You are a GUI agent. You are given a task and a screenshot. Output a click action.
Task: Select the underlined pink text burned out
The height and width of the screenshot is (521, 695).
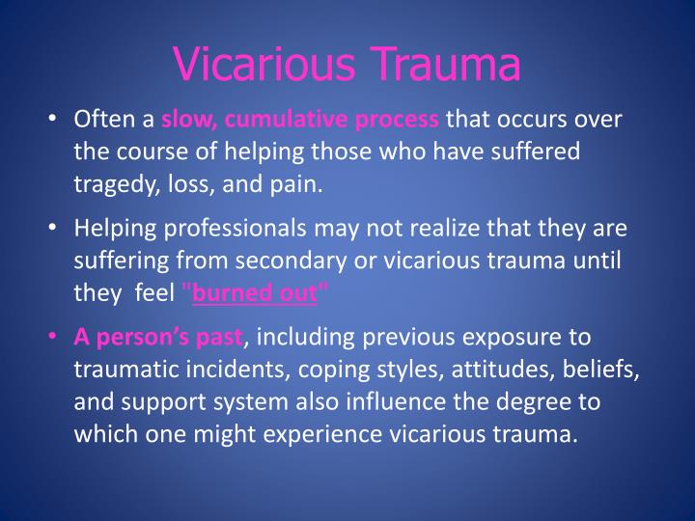pyautogui.click(x=254, y=294)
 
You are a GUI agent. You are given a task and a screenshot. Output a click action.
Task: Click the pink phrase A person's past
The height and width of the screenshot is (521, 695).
pyautogui.click(x=160, y=338)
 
